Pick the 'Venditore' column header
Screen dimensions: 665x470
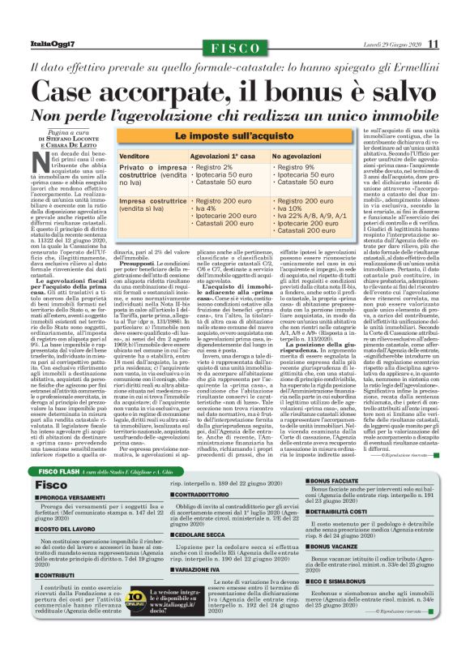tap(140, 155)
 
